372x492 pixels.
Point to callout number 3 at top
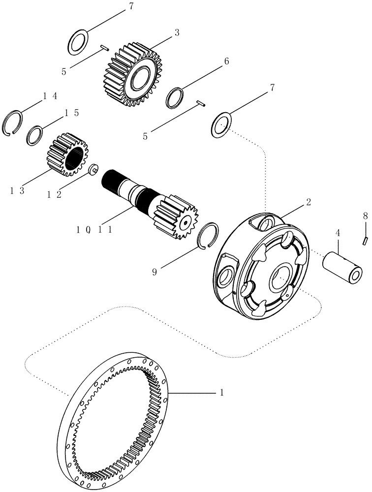coord(177,33)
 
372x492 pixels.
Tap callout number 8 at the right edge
coord(365,215)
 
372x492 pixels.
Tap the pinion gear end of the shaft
coord(176,216)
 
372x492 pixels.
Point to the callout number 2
coord(308,202)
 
